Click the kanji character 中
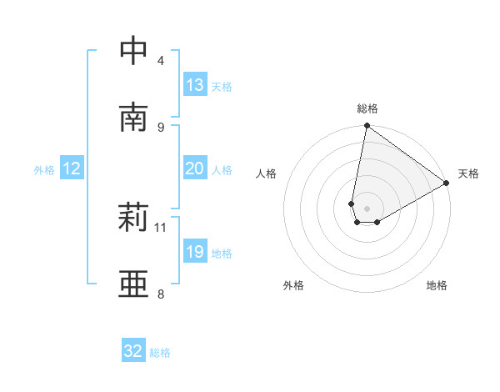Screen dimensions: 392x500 133,51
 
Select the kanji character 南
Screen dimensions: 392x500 133,118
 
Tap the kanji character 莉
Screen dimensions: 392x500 133,219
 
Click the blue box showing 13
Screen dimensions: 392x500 195,85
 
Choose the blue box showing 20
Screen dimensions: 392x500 195,168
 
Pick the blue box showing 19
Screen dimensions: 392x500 195,252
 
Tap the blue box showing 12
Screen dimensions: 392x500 72,168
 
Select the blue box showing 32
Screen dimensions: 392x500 133,351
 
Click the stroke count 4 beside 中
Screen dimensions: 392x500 161,60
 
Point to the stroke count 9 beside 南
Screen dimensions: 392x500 161,127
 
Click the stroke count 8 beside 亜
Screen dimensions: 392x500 161,294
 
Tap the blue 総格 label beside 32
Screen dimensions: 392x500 160,353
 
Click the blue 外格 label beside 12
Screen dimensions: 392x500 44,170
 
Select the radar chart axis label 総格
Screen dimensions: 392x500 367,108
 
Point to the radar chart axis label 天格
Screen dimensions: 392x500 468,173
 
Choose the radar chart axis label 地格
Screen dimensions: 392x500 437,285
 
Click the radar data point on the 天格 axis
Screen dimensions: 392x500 447,183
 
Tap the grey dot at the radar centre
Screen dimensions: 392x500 367,209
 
